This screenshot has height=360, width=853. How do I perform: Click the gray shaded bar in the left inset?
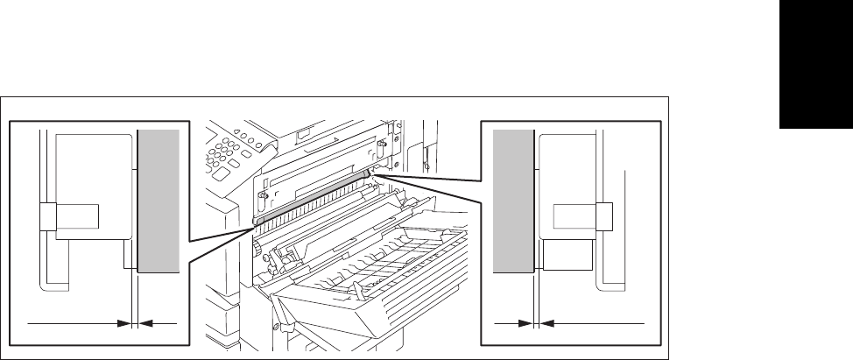(x=158, y=200)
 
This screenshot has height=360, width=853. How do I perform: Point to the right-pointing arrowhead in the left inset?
(x=124, y=323)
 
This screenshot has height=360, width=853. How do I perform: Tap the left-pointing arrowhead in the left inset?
(x=145, y=323)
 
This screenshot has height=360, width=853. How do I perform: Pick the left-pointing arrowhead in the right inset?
(x=546, y=323)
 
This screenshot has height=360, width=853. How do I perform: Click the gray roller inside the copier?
(x=315, y=197)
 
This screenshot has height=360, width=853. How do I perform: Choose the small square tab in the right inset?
(x=603, y=215)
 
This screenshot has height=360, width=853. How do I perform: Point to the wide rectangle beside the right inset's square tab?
(x=575, y=216)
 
